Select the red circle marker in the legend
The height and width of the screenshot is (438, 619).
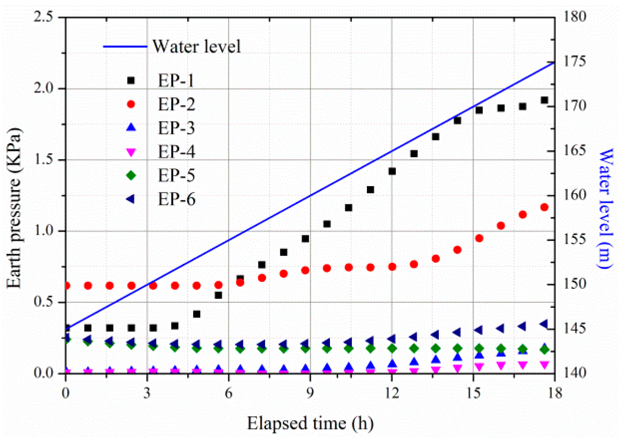tap(131, 104)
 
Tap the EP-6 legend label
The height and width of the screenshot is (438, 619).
tap(176, 200)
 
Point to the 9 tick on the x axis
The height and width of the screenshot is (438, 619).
tap(310, 393)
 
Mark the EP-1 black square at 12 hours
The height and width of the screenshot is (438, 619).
tap(392, 171)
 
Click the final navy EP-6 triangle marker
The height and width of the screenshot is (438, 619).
tap(544, 324)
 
